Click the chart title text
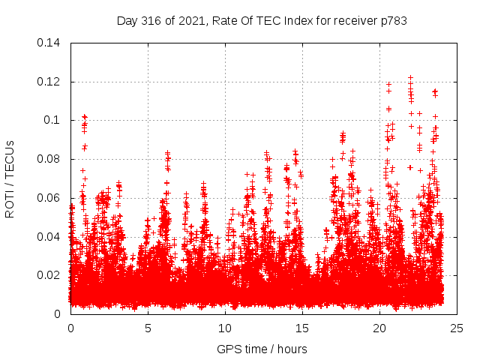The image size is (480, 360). click(262, 21)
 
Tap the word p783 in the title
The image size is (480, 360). click(392, 21)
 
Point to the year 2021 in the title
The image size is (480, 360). click(190, 21)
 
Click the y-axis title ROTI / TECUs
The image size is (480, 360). click(10, 178)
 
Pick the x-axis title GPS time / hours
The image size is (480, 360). click(262, 349)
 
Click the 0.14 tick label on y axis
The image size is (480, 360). click(50, 43)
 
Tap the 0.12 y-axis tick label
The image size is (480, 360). click(50, 82)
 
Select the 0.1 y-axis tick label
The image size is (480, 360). click(54, 120)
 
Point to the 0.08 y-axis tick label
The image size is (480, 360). click(50, 159)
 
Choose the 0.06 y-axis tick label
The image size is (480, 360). click(50, 198)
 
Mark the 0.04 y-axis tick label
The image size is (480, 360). click(50, 237)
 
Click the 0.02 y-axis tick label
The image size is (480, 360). click(50, 275)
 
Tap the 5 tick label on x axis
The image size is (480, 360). click(148, 328)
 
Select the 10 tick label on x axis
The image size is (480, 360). click(225, 328)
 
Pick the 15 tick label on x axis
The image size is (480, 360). click(302, 328)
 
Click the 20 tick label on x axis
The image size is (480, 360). click(379, 328)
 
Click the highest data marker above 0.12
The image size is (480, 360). click(410, 77)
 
